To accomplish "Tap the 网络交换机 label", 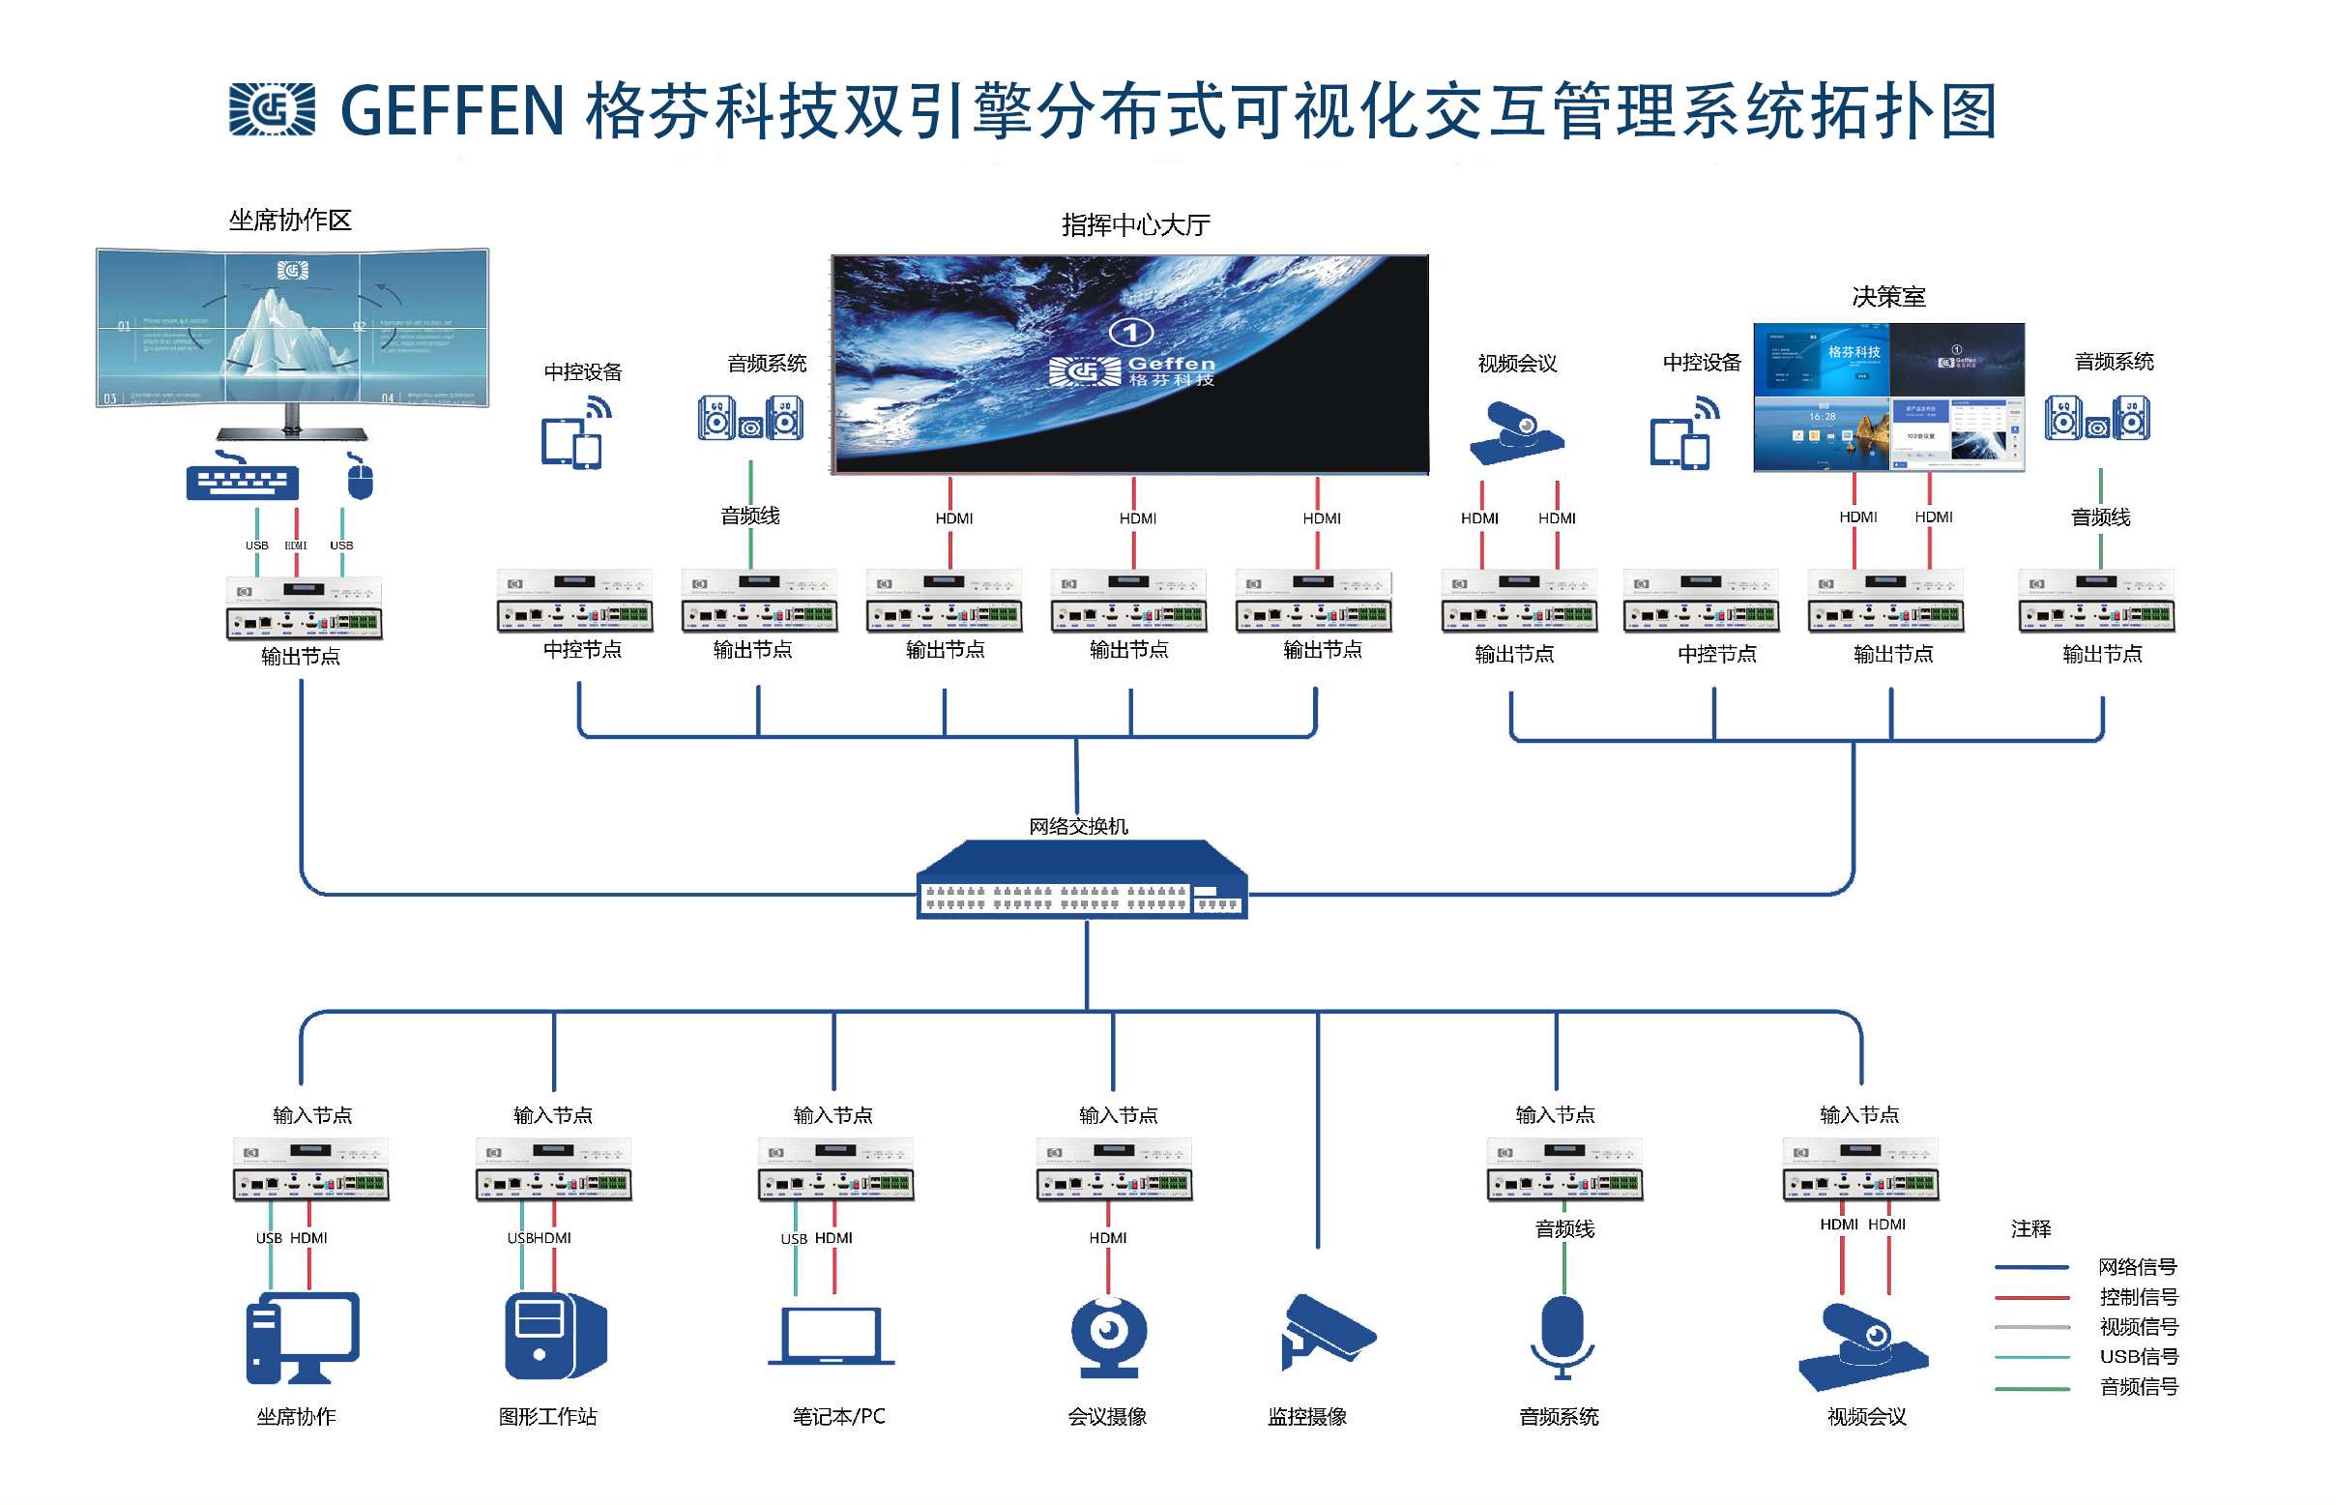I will click(1078, 826).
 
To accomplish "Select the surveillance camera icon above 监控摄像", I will click(1326, 1330).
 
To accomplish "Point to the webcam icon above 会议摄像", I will click(1108, 1335).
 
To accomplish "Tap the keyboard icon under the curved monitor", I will click(242, 480).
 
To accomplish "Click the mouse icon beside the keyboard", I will click(360, 478).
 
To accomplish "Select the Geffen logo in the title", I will click(272, 108).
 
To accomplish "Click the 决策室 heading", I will click(1886, 296).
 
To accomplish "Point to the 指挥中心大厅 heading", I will click(1135, 225).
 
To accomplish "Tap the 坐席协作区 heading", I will click(289, 220).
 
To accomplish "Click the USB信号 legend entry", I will click(2138, 1356).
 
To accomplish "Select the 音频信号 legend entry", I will click(2138, 1386).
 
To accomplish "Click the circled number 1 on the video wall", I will click(1130, 333).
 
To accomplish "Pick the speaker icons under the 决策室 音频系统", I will click(2095, 418).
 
